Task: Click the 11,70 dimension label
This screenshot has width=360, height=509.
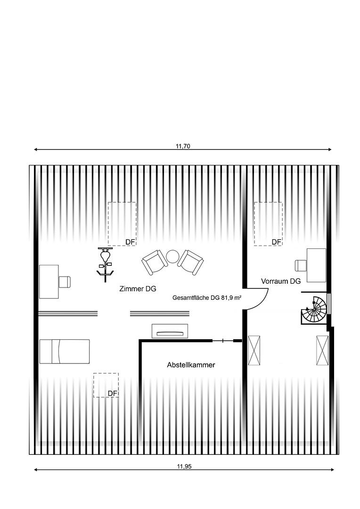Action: tap(183, 146)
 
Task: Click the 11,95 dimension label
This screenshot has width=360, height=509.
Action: tap(184, 467)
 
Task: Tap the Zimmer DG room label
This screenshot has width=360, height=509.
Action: tap(138, 288)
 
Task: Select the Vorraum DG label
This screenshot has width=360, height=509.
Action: tap(281, 281)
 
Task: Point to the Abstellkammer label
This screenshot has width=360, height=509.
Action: tap(191, 365)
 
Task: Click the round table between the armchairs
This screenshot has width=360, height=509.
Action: tap(172, 256)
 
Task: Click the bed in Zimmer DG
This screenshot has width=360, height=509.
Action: tap(65, 352)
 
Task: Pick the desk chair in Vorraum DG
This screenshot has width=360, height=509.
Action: tap(301, 265)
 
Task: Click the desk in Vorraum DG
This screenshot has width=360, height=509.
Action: tap(316, 265)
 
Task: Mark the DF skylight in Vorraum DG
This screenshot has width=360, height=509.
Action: tap(268, 224)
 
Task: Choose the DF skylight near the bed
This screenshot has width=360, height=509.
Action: tap(106, 385)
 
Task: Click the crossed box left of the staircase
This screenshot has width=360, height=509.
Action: tap(254, 351)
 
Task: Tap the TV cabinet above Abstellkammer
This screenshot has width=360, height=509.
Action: tap(170, 331)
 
